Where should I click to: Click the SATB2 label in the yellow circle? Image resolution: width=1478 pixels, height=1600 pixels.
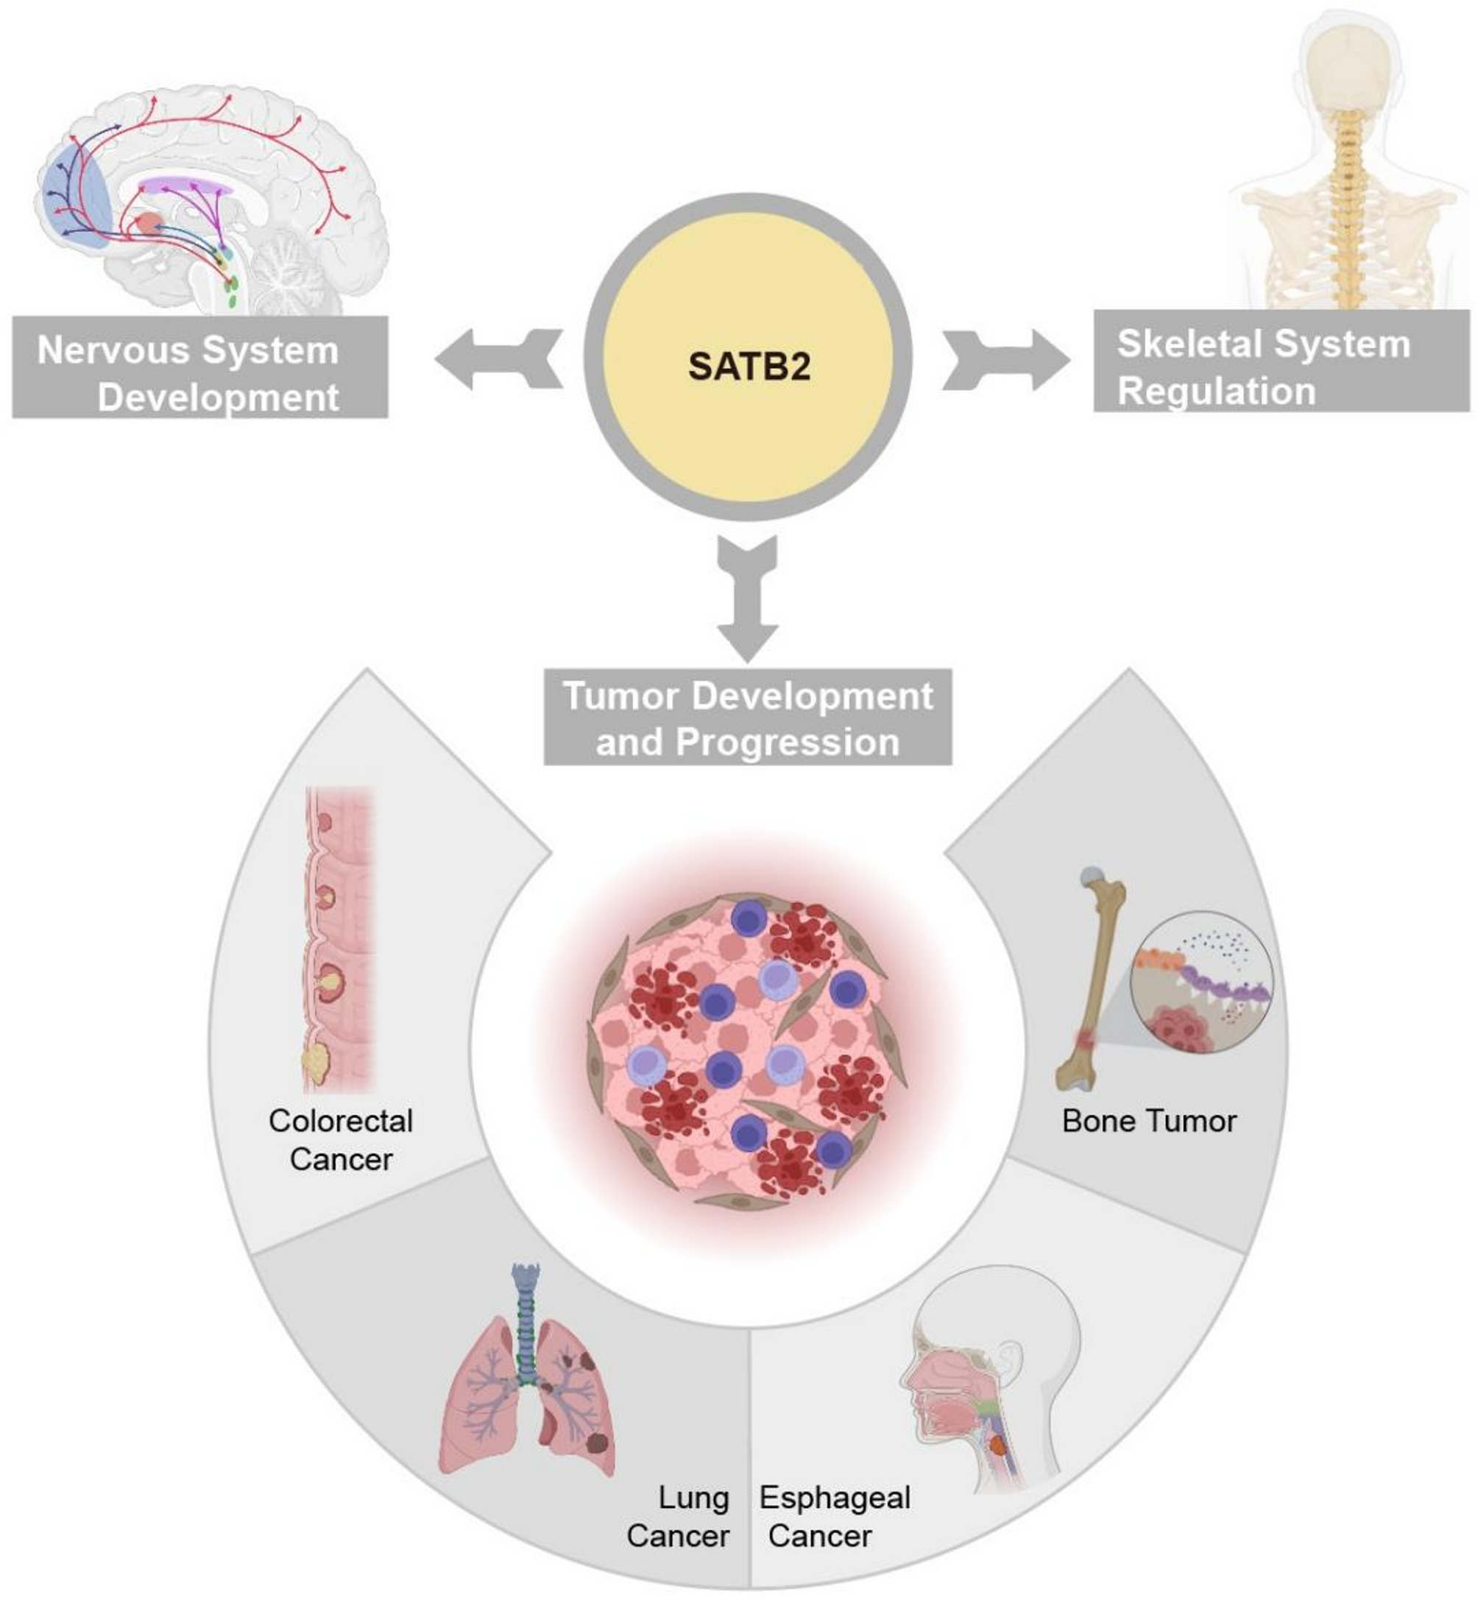(x=749, y=367)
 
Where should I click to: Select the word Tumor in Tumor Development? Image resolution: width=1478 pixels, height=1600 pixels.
(x=620, y=695)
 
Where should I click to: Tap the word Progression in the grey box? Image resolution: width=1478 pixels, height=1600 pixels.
(x=788, y=742)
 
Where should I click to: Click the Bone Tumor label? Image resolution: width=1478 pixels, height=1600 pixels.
(x=1148, y=1121)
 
